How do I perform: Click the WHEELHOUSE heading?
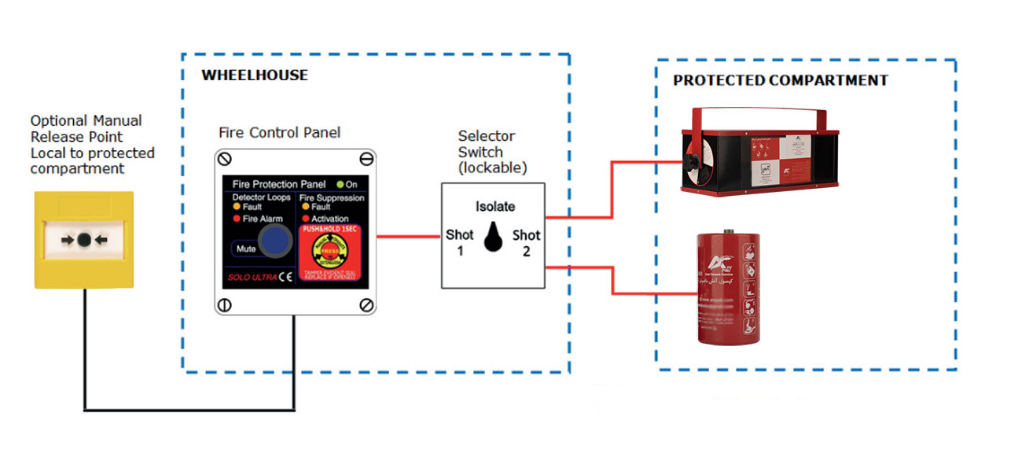point(255,76)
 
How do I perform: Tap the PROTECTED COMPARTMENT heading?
point(780,80)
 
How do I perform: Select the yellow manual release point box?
point(83,240)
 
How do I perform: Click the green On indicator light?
point(339,184)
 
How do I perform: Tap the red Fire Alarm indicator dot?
point(237,218)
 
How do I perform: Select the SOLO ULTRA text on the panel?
point(246,278)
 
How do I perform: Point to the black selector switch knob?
point(493,237)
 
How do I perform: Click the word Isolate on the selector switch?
point(495,207)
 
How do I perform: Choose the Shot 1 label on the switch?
point(460,242)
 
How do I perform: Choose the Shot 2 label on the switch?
point(527,242)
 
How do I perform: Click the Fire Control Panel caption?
point(280,132)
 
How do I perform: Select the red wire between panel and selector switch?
point(408,236)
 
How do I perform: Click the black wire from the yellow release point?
point(189,410)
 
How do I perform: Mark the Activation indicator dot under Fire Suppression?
point(305,218)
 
